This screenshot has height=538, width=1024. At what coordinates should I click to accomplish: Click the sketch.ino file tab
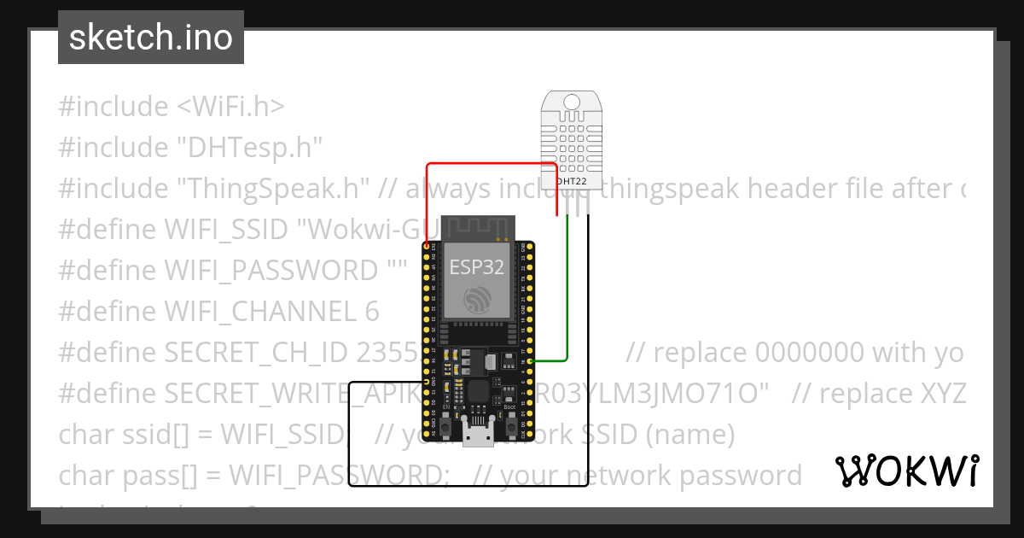(x=151, y=38)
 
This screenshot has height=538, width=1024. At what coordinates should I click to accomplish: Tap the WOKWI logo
(x=906, y=471)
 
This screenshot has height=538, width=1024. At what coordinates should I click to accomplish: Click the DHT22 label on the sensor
(x=570, y=181)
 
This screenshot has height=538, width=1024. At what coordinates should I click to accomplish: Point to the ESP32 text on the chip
(x=477, y=266)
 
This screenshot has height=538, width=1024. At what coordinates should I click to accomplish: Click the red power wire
(x=491, y=164)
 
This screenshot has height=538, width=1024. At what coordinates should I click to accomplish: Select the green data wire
(x=567, y=290)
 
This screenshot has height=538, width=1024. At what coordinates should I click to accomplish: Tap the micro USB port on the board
(x=478, y=436)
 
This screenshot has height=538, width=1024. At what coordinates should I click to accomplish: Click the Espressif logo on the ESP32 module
(x=477, y=299)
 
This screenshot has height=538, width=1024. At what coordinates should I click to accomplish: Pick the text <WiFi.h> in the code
(x=230, y=107)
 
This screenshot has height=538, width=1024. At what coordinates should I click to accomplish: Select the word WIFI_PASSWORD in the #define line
(x=268, y=271)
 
